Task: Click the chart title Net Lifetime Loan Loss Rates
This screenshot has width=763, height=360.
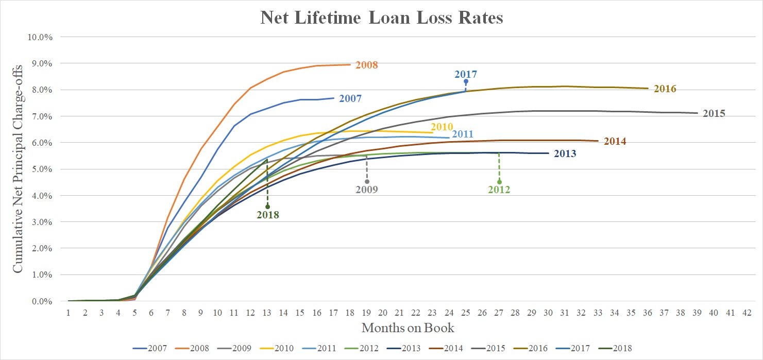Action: [381, 18]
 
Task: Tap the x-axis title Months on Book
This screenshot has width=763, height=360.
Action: [408, 327]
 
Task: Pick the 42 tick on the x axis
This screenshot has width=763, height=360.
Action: [746, 312]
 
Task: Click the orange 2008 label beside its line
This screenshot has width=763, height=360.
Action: [367, 65]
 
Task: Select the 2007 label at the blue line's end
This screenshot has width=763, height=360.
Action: [350, 98]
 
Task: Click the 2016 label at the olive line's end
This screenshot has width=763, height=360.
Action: [665, 89]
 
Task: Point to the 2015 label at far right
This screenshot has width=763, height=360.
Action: [714, 113]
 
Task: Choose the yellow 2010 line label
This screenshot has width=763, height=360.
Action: [442, 127]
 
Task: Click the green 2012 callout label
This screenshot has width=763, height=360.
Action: [499, 190]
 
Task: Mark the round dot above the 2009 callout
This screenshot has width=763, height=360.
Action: [367, 181]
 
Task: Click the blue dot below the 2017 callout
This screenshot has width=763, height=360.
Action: [466, 81]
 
